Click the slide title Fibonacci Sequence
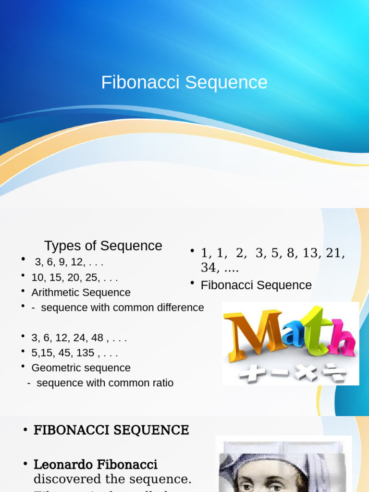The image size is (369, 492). [x=184, y=83]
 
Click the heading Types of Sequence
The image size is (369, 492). [x=103, y=246]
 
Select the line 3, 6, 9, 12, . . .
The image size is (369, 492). [x=69, y=262]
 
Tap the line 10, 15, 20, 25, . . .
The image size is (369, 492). [x=74, y=278]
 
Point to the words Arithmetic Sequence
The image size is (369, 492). [x=81, y=293]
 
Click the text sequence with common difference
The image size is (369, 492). [x=122, y=307]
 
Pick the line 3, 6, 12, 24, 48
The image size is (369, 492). [x=79, y=338]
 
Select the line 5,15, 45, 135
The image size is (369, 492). [x=74, y=353]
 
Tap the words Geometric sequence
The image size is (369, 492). [x=81, y=368]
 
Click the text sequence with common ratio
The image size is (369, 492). [x=105, y=383]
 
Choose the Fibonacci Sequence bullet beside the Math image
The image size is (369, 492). [x=256, y=285]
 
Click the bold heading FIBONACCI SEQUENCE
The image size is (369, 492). [x=111, y=430]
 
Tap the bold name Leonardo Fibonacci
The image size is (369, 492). [x=95, y=465]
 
